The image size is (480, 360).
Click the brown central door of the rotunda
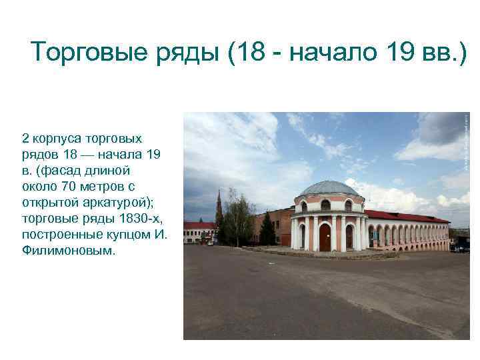(325, 237)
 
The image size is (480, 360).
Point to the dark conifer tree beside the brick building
(267, 229)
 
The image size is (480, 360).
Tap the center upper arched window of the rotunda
(327, 205)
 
